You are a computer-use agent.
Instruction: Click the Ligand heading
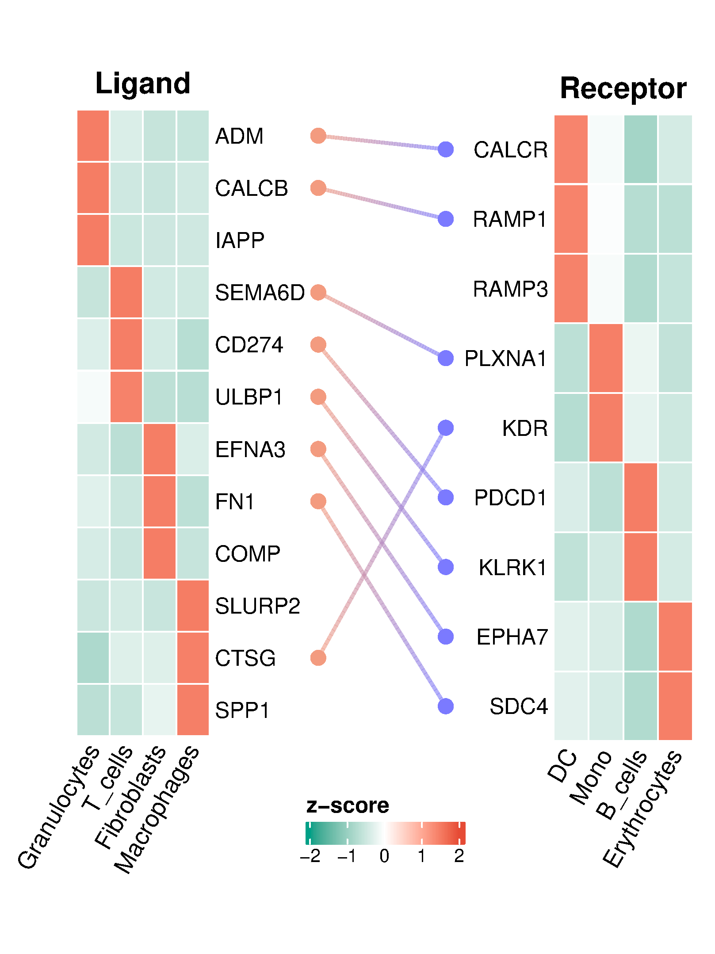pos(142,84)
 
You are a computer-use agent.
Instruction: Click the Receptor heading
pos(623,88)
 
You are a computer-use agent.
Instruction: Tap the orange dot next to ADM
pos(318,136)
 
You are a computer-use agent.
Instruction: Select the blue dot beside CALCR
pos(446,149)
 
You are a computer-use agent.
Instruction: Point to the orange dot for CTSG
pos(318,658)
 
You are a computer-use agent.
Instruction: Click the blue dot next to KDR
pos(446,427)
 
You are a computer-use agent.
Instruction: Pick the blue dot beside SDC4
pos(446,706)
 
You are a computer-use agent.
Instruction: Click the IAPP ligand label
pos(240,240)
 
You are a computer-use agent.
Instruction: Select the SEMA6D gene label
pos(260,293)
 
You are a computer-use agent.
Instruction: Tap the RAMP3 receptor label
pos(510,289)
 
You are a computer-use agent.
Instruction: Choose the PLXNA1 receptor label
pos(505,359)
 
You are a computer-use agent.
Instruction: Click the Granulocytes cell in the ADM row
pos(93,136)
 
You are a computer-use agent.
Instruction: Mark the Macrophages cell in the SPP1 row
pos(193,710)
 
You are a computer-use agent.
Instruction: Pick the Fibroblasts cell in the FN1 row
pos(159,501)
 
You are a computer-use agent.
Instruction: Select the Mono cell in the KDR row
pos(606,427)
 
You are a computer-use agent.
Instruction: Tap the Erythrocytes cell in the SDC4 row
pos(675,706)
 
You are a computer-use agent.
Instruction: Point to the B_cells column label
pos(622,784)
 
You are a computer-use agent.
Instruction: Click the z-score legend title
pos(347,805)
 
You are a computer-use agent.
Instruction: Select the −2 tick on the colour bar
pos(310,856)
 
